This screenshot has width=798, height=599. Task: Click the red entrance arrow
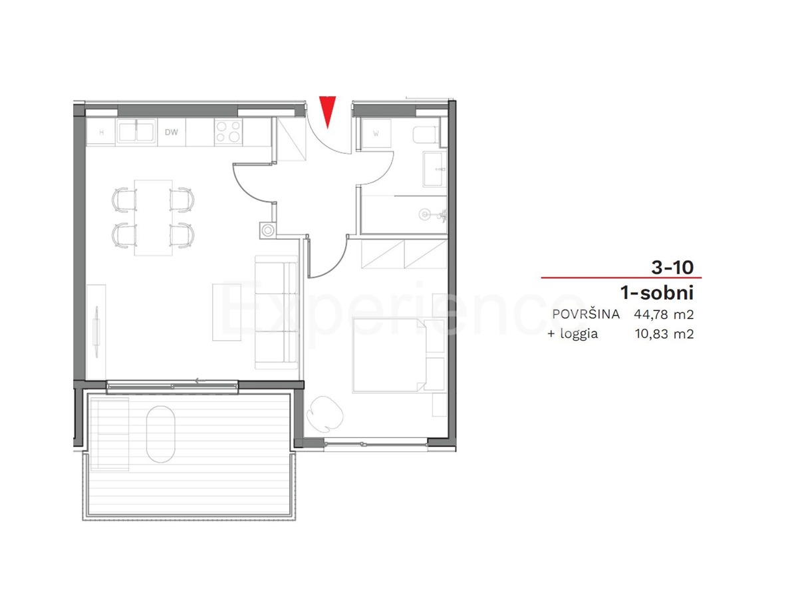click(x=327, y=110)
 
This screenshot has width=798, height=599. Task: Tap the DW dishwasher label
click(x=172, y=132)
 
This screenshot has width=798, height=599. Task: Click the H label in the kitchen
click(x=101, y=132)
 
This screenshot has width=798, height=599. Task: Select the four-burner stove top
click(x=229, y=132)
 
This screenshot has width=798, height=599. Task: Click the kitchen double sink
click(x=137, y=131)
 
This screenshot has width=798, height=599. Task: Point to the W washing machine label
click(x=376, y=132)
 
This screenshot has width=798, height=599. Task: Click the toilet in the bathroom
click(x=425, y=135)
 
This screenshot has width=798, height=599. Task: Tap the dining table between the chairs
click(x=153, y=217)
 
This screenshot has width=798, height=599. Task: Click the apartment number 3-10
click(x=672, y=268)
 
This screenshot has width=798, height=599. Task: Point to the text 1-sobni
click(x=656, y=292)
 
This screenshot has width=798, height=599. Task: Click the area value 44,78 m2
click(x=664, y=314)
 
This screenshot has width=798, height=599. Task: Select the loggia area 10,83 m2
click(x=664, y=334)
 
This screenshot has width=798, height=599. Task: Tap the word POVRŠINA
click(x=585, y=314)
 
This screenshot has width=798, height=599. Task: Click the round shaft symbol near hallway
click(x=267, y=230)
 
